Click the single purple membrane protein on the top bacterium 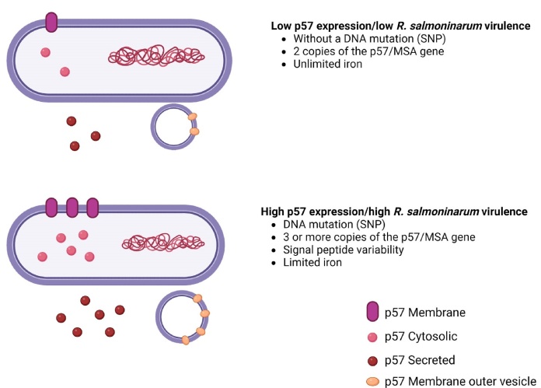tap(51, 23)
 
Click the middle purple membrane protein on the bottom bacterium tap(72, 208)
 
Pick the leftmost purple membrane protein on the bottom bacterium tap(51, 208)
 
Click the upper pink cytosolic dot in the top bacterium tap(46, 52)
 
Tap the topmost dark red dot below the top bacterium tap(72, 121)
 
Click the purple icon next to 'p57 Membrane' tap(374, 313)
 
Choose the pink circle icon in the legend tap(374, 337)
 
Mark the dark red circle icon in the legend tap(374, 360)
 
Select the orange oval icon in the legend tap(374, 382)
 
